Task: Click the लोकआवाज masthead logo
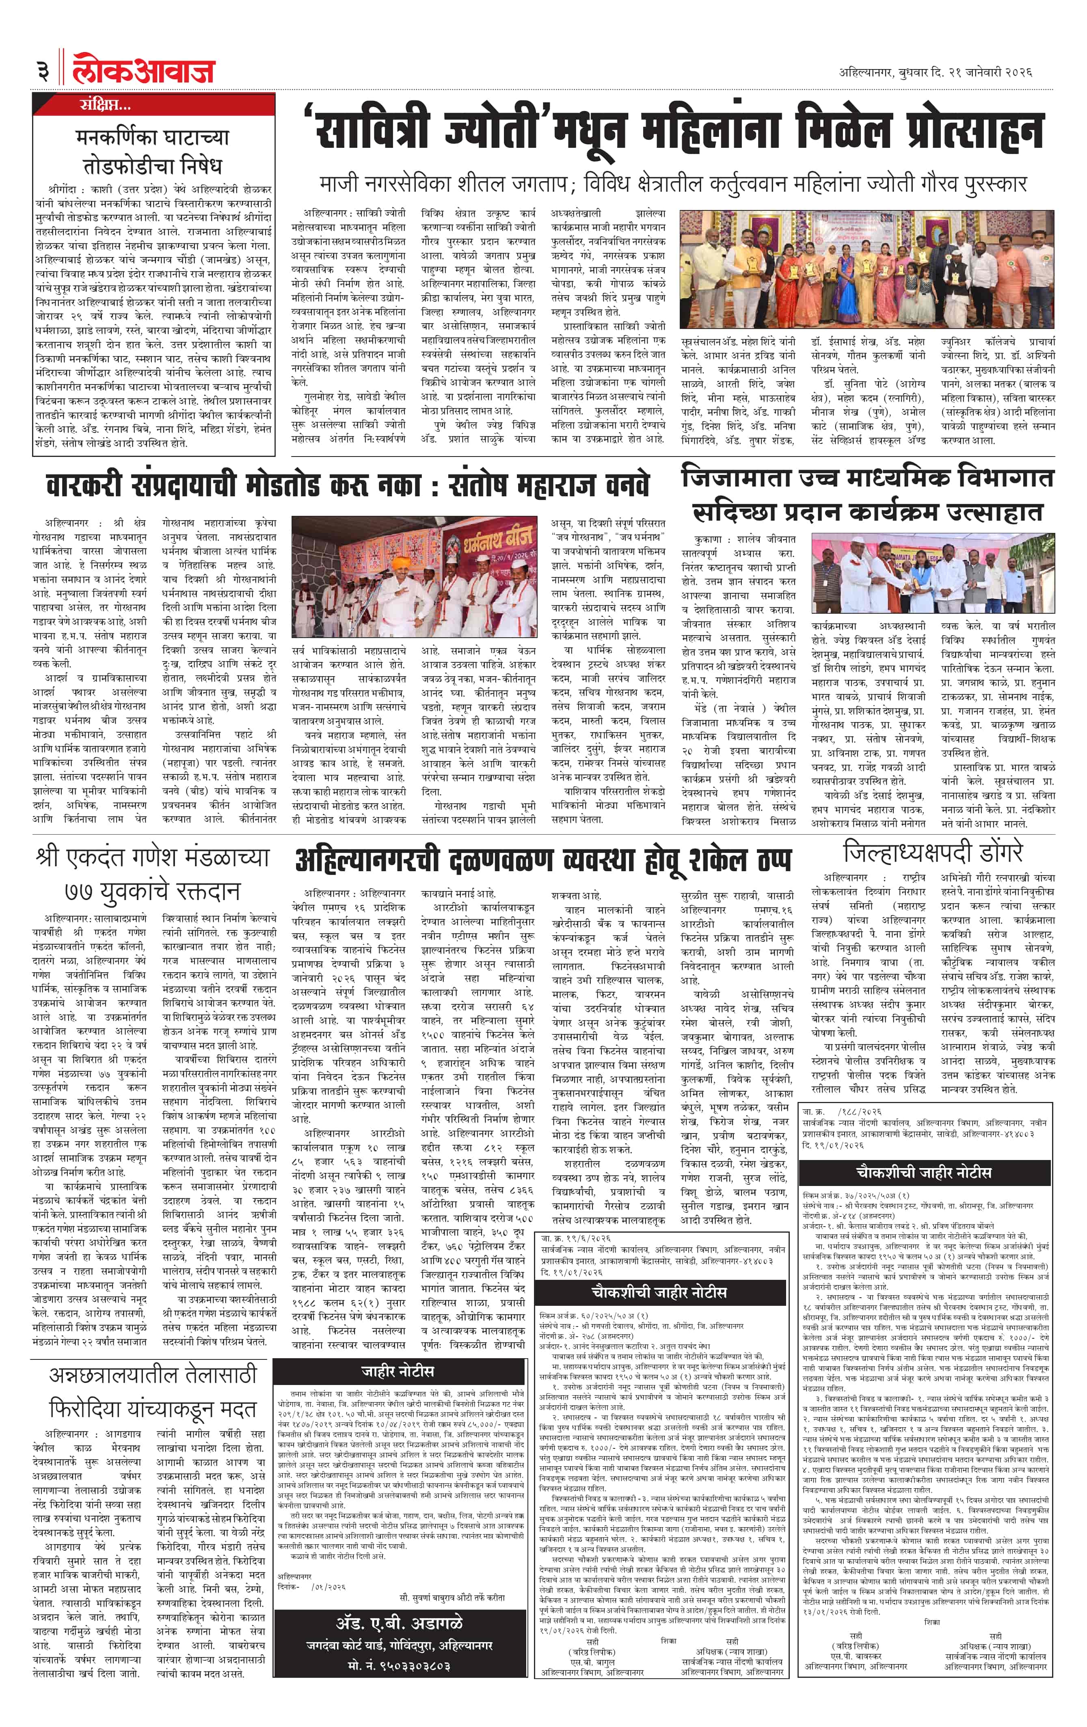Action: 143,69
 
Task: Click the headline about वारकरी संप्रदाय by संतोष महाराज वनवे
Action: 347,485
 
